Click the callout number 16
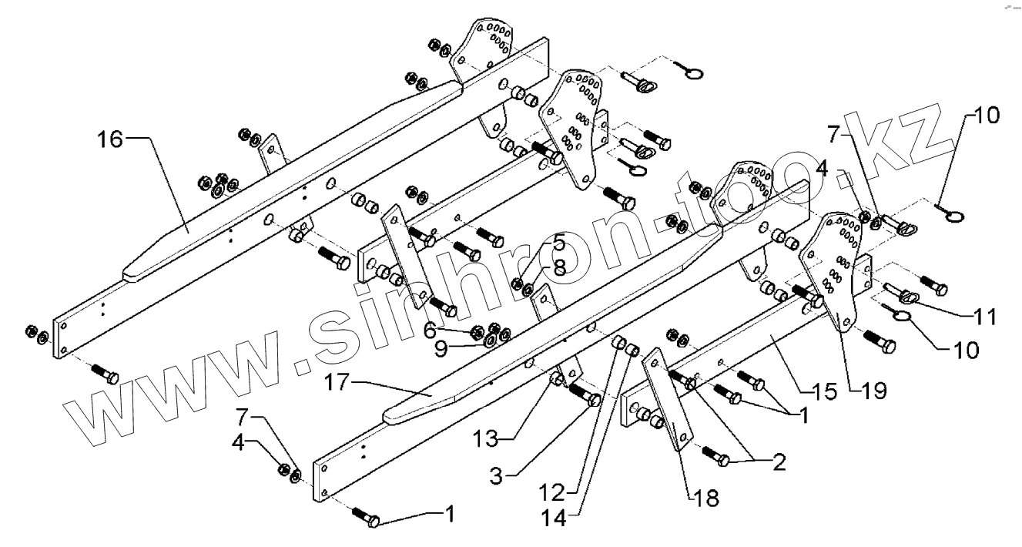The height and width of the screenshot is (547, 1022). pos(109,140)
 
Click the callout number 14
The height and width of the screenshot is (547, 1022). pos(566,518)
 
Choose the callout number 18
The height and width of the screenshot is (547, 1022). pos(706,498)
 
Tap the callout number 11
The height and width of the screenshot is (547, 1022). pos(983,316)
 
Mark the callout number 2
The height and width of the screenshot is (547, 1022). pos(778,463)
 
